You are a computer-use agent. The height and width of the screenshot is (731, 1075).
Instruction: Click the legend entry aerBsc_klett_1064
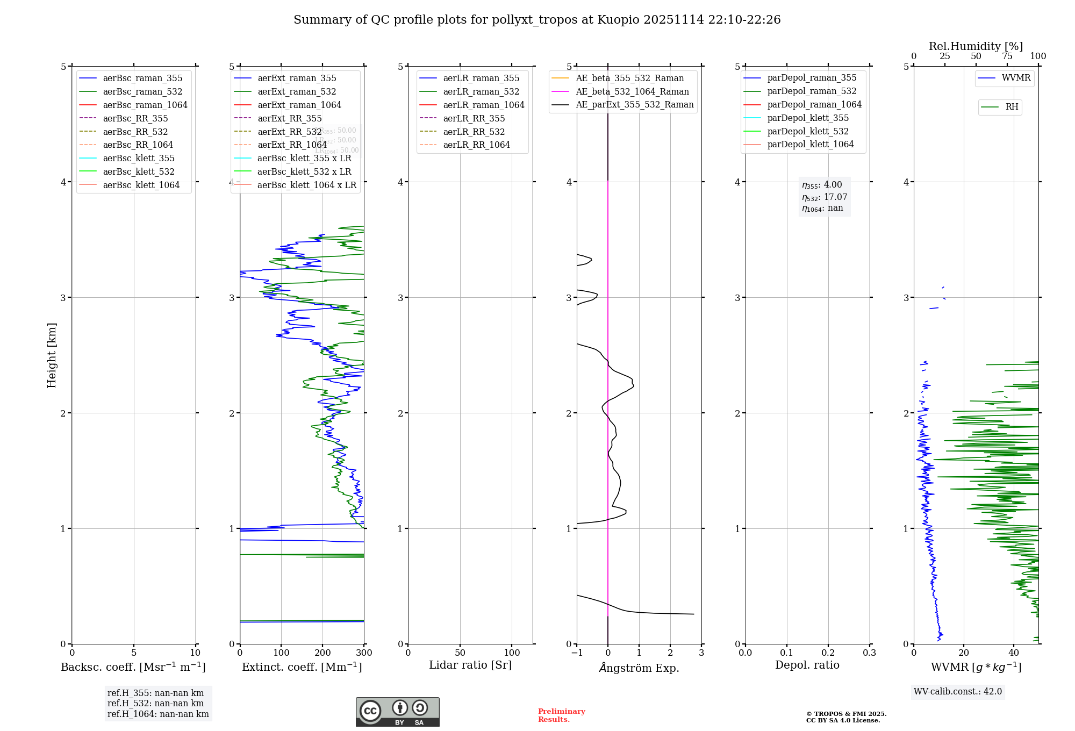coord(141,185)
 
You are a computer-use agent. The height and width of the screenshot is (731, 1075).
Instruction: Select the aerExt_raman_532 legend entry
coord(297,92)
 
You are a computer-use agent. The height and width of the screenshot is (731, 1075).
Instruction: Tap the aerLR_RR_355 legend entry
coord(474,118)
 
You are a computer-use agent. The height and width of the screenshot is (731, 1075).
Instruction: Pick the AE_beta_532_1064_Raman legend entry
coord(632,91)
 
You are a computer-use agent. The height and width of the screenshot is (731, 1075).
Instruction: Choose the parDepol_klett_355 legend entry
coord(808,118)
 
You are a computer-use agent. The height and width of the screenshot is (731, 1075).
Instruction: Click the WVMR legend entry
coord(1016,78)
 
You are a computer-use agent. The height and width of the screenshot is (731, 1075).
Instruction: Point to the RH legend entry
coord(1012,107)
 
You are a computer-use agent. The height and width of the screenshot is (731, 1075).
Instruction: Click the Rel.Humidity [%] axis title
coord(976,46)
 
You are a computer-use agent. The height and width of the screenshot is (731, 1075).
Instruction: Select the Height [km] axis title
coord(52,355)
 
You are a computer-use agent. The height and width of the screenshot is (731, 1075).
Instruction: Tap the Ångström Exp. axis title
coord(639,668)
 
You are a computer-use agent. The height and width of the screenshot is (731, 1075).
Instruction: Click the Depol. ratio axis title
coord(807,665)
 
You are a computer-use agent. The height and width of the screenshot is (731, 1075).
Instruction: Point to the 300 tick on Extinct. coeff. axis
coord(364,653)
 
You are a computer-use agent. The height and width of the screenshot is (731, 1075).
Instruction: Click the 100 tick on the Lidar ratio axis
coord(512,653)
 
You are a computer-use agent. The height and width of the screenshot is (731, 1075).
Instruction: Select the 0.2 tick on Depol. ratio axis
coord(828,653)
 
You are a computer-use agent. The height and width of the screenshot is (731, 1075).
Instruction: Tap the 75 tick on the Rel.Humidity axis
coord(1007,56)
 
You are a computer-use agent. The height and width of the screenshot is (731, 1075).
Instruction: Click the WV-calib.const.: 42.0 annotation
coord(958,691)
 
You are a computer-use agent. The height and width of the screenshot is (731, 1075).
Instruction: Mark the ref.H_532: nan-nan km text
coord(155,703)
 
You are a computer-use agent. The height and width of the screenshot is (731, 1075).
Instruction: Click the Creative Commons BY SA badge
coord(397,712)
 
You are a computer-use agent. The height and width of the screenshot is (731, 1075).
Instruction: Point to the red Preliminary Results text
coord(561,715)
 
